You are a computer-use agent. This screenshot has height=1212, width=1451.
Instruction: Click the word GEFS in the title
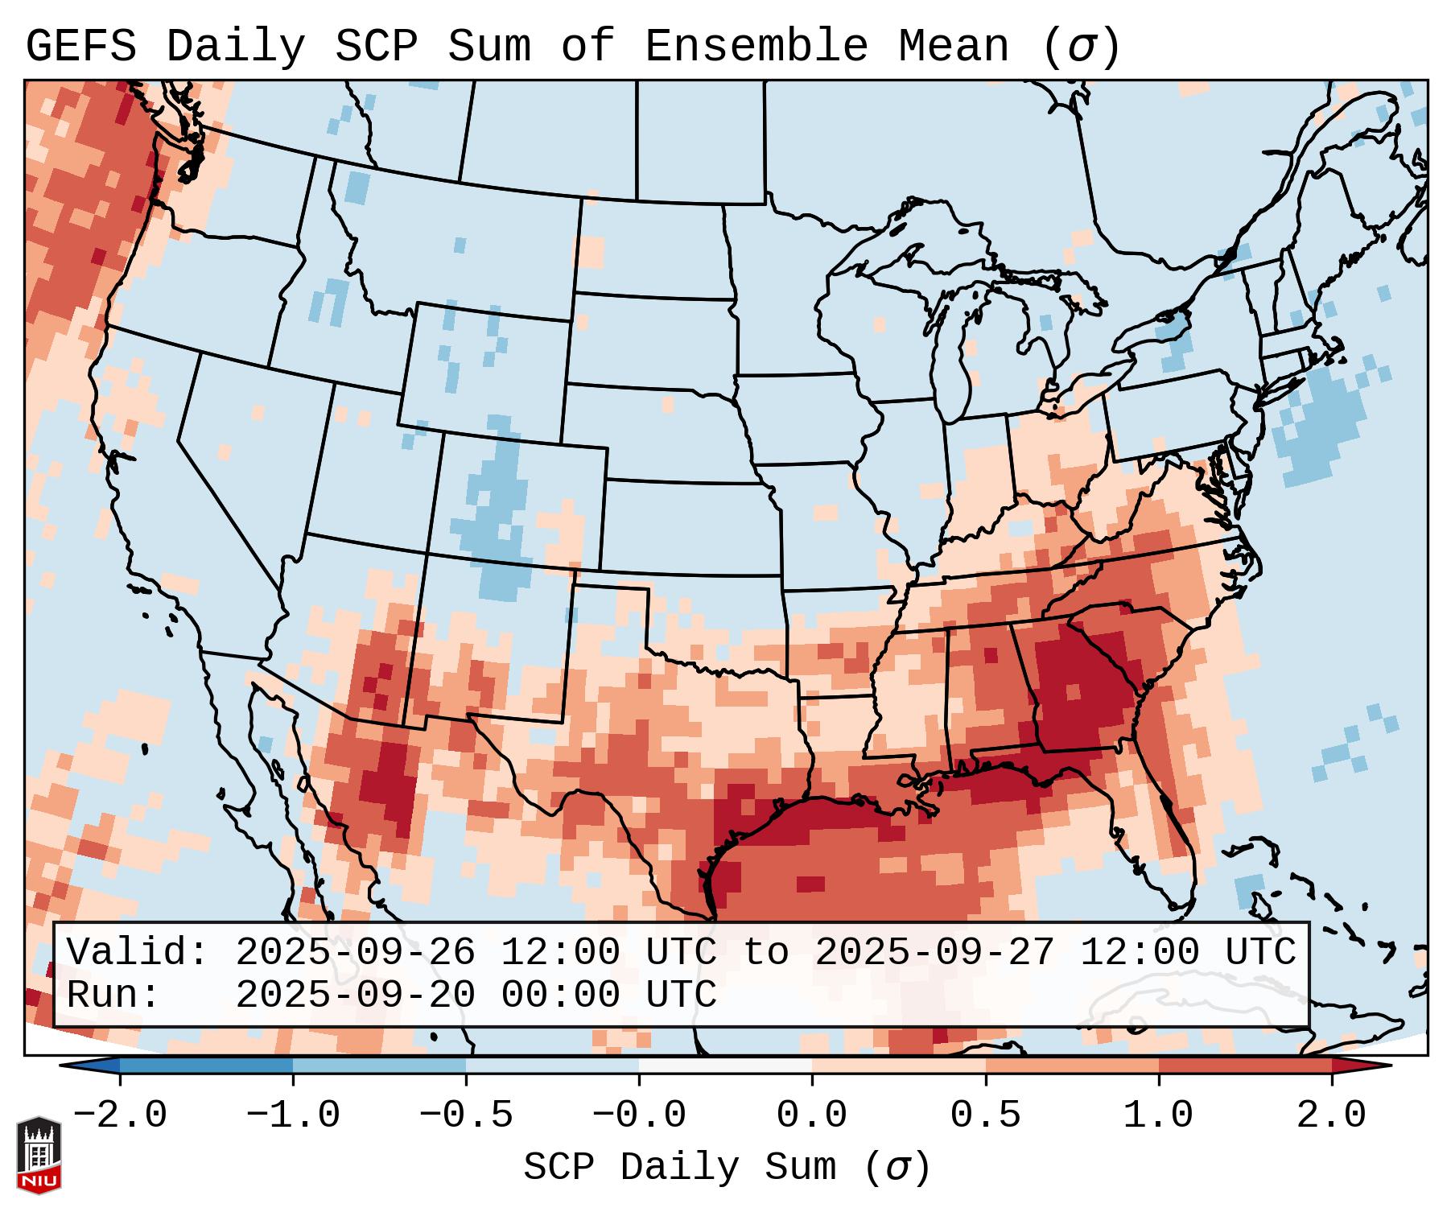80,46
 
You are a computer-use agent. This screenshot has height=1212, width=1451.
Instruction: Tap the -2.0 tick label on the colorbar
120,1115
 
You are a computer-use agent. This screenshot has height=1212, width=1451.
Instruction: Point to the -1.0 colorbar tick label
293,1115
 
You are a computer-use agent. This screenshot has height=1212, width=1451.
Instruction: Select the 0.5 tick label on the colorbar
985,1115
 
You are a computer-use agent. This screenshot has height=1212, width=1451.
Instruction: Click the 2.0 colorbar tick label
1331,1115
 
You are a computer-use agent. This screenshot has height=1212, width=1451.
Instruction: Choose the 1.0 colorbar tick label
1158,1115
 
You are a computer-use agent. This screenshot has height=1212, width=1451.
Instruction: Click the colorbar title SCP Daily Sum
679,1167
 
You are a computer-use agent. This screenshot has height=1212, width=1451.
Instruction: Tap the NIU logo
39,1155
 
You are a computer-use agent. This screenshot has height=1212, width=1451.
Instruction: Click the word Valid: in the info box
138,952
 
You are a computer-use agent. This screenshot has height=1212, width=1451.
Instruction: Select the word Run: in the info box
113,995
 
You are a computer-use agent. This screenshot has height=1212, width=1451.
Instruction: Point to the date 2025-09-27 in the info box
934,952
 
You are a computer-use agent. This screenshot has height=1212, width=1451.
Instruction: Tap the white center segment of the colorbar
725,1066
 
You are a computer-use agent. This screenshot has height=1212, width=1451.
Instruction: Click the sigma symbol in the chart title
1081,47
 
